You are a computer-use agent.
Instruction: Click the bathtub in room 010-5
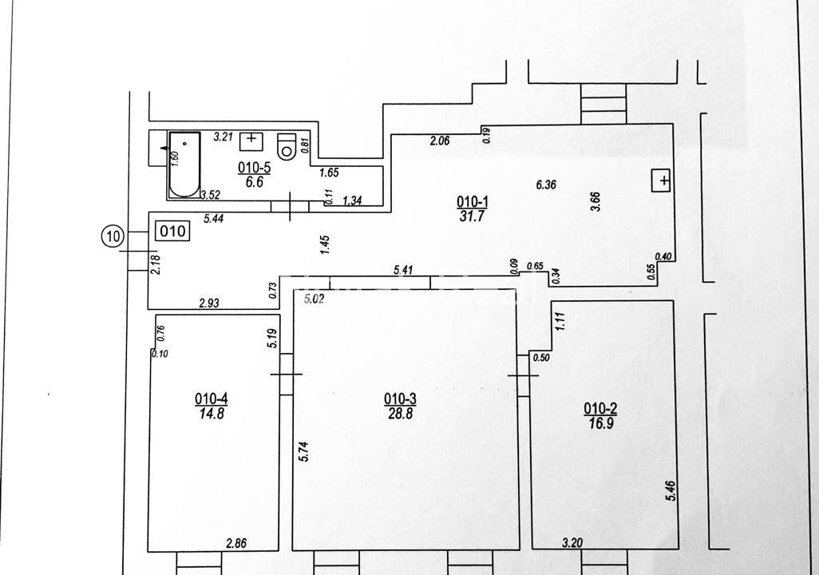184,165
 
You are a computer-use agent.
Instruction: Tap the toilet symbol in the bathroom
287,146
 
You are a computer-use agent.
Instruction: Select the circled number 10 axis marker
113,237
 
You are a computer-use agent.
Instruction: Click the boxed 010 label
172,231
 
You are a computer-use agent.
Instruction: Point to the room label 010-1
473,201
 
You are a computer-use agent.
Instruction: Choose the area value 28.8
401,414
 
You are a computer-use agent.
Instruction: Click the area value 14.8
212,414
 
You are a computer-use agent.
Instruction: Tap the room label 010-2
600,408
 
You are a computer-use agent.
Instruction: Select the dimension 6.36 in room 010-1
546,184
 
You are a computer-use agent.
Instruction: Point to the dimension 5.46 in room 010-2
671,491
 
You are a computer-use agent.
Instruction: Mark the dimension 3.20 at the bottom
572,543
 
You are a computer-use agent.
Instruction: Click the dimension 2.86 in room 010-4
236,544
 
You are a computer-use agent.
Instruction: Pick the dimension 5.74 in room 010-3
304,451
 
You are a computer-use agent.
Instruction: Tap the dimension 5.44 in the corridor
214,219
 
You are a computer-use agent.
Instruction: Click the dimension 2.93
209,303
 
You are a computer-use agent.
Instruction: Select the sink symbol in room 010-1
661,180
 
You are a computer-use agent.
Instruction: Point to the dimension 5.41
404,270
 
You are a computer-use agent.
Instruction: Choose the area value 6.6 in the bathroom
255,182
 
